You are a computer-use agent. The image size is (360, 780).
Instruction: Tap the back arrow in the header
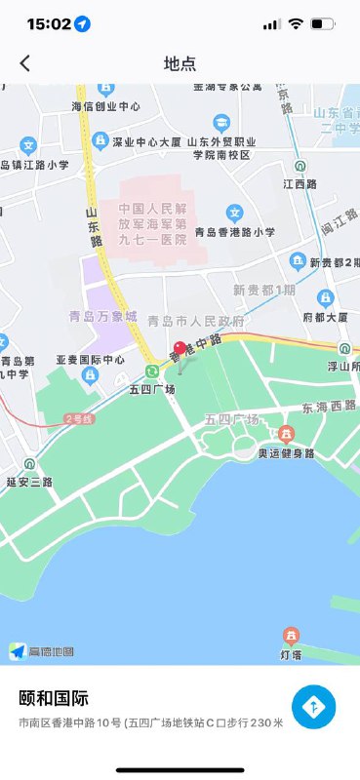coord(25,63)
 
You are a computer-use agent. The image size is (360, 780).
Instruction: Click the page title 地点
coord(180,63)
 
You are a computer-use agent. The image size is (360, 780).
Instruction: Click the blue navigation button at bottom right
coord(313,707)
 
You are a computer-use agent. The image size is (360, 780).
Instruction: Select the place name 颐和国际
coord(54,698)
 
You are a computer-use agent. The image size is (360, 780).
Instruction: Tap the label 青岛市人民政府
coord(195,321)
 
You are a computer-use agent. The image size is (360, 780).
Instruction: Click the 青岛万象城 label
coord(102,316)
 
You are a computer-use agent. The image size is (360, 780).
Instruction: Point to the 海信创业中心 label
coord(105,107)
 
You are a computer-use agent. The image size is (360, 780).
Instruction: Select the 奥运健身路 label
coord(286,453)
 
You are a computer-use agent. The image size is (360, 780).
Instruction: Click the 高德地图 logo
coord(42,651)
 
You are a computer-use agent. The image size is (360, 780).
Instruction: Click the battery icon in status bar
coord(322,23)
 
